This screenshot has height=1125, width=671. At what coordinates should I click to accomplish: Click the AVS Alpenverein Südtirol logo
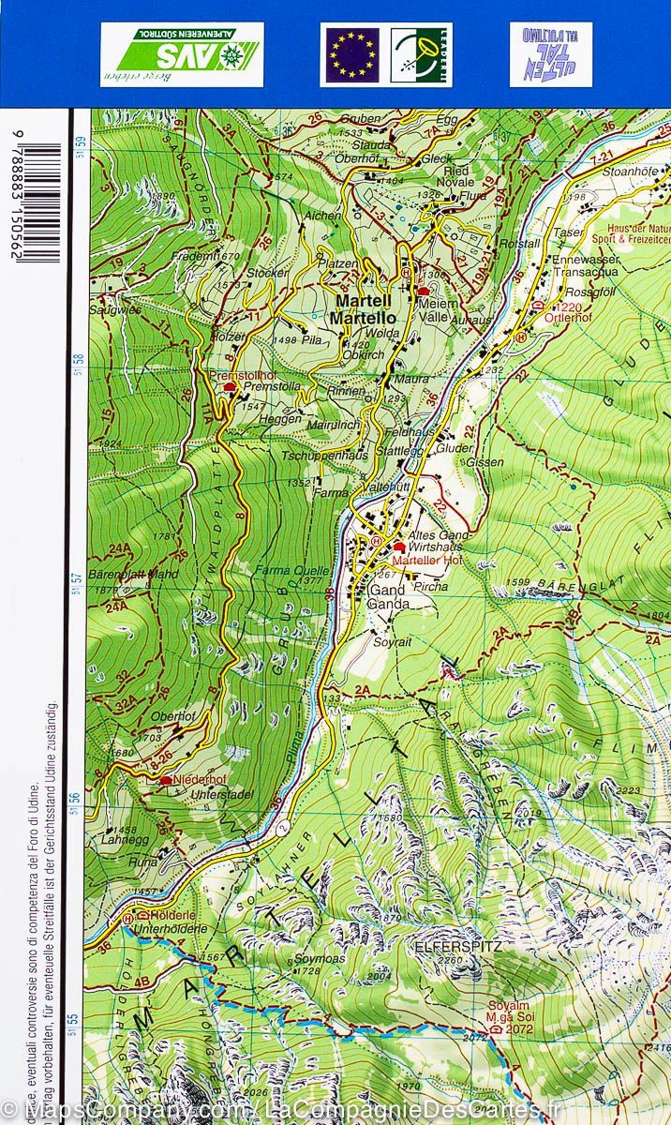[182, 54]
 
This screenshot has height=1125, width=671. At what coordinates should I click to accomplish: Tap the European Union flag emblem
[352, 54]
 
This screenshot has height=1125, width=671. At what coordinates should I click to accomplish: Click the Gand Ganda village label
[389, 597]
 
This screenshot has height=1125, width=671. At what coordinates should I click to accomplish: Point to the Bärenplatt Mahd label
[132, 574]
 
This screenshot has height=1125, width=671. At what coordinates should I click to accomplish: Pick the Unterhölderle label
[170, 928]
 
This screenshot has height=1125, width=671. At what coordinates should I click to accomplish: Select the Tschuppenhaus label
[324, 455]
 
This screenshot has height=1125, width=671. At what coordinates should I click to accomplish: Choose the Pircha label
[431, 586]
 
